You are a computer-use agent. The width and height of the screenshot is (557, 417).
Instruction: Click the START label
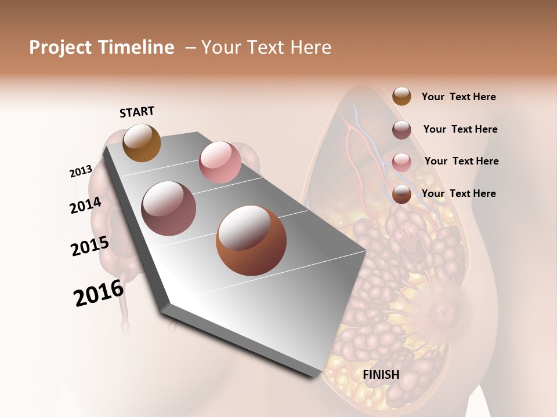(137, 112)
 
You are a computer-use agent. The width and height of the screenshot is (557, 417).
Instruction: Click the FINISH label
(381, 375)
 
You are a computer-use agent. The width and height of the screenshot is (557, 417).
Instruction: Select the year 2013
(81, 171)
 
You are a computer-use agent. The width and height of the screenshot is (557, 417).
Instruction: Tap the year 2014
(85, 206)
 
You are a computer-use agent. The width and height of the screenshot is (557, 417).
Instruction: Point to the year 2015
(90, 246)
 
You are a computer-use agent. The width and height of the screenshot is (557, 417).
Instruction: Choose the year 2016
(99, 293)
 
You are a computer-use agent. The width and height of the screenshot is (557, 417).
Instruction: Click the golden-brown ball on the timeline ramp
(142, 142)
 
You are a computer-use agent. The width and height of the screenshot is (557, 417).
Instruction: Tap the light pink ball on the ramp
(220, 162)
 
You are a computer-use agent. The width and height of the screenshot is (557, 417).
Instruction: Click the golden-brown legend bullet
(402, 96)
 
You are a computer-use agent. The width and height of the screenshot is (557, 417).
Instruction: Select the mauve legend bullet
(402, 130)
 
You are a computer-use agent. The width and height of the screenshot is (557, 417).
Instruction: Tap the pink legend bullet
(402, 162)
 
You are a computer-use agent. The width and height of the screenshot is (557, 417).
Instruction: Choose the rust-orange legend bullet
(402, 194)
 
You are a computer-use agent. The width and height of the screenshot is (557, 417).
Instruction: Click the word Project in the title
(60, 47)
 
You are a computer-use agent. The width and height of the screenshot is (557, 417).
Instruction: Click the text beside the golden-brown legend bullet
(458, 97)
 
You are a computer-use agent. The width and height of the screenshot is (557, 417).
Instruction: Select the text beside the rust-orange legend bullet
(458, 193)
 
